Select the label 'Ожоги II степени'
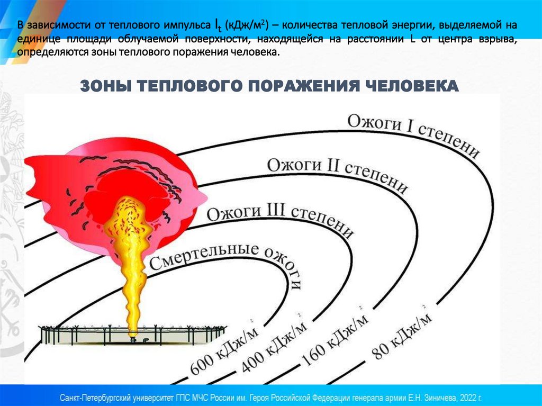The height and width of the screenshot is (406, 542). (338, 174)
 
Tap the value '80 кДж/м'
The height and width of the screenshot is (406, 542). (402, 334)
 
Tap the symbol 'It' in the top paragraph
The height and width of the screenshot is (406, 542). (218, 25)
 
